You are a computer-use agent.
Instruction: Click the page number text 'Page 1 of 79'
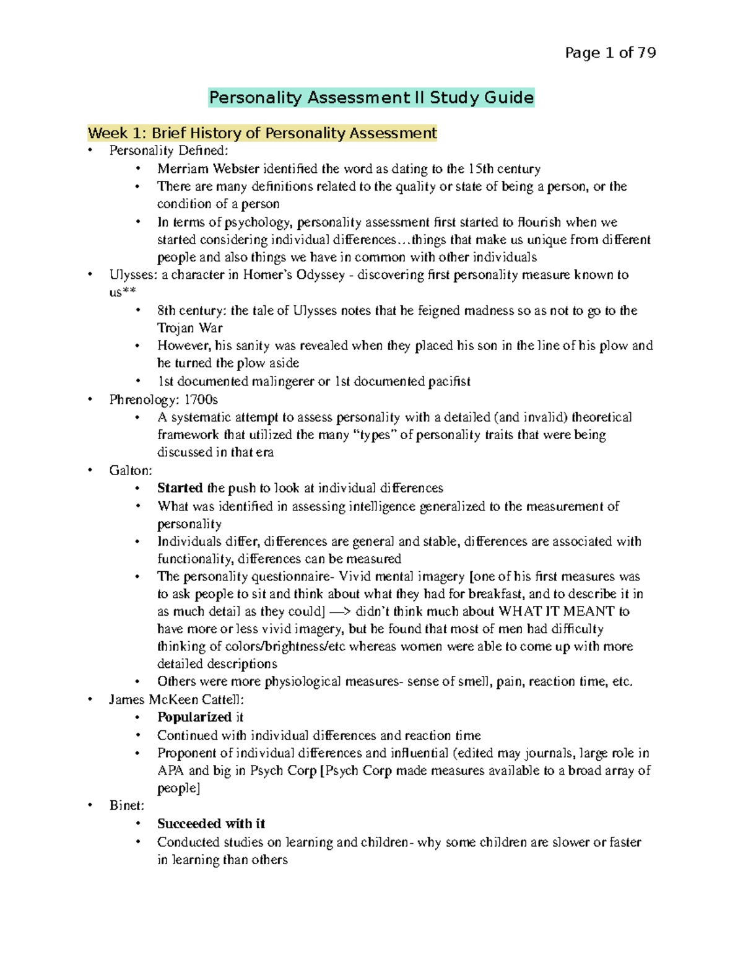tap(610, 53)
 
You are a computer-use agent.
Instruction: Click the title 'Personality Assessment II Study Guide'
tap(371, 98)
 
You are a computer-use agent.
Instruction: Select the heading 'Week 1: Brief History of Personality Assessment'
tap(262, 133)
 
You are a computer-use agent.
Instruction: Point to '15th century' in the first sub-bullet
tap(504, 169)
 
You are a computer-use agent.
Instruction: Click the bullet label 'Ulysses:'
tap(133, 275)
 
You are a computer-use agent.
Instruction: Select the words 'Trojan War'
tap(189, 328)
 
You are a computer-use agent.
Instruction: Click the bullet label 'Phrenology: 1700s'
tap(163, 400)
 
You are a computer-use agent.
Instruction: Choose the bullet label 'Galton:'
tap(131, 471)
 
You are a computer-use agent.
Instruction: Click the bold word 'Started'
tap(180, 488)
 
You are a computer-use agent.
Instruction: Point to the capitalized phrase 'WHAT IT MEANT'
tap(557, 611)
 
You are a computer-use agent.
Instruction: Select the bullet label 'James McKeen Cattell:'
tap(176, 700)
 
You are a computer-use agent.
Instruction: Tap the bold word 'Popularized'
tap(194, 717)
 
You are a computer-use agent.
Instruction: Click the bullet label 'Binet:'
tap(127, 806)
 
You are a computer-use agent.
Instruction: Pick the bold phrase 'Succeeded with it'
tap(211, 824)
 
